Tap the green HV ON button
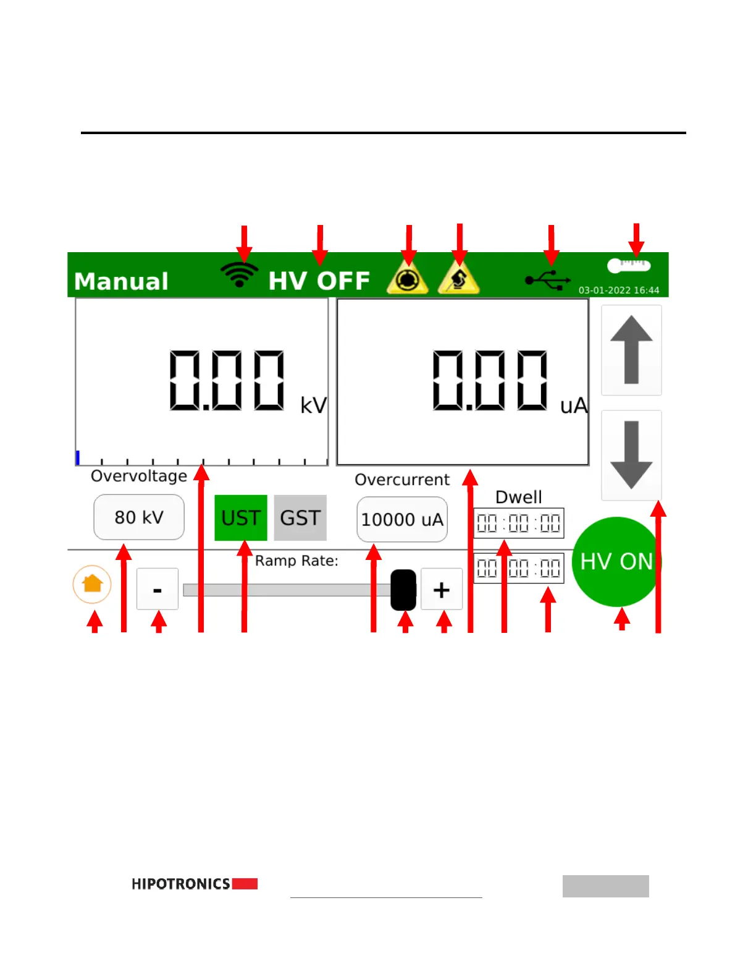tap(616, 561)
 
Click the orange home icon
tap(92, 583)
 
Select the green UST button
tap(241, 518)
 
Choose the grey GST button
tap(300, 518)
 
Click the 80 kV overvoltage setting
tap(139, 517)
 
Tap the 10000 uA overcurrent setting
tap(402, 520)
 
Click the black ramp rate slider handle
tap(403, 590)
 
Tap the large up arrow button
tap(631, 350)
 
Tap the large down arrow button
tap(631, 455)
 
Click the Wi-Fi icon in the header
tap(240, 274)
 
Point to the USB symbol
tap(548, 280)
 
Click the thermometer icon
tap(629, 266)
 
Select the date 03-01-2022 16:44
tap(618, 290)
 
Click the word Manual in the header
tap(121, 281)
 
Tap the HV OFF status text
tap(319, 281)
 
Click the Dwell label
tap(519, 497)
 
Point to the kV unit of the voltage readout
tap(313, 405)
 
